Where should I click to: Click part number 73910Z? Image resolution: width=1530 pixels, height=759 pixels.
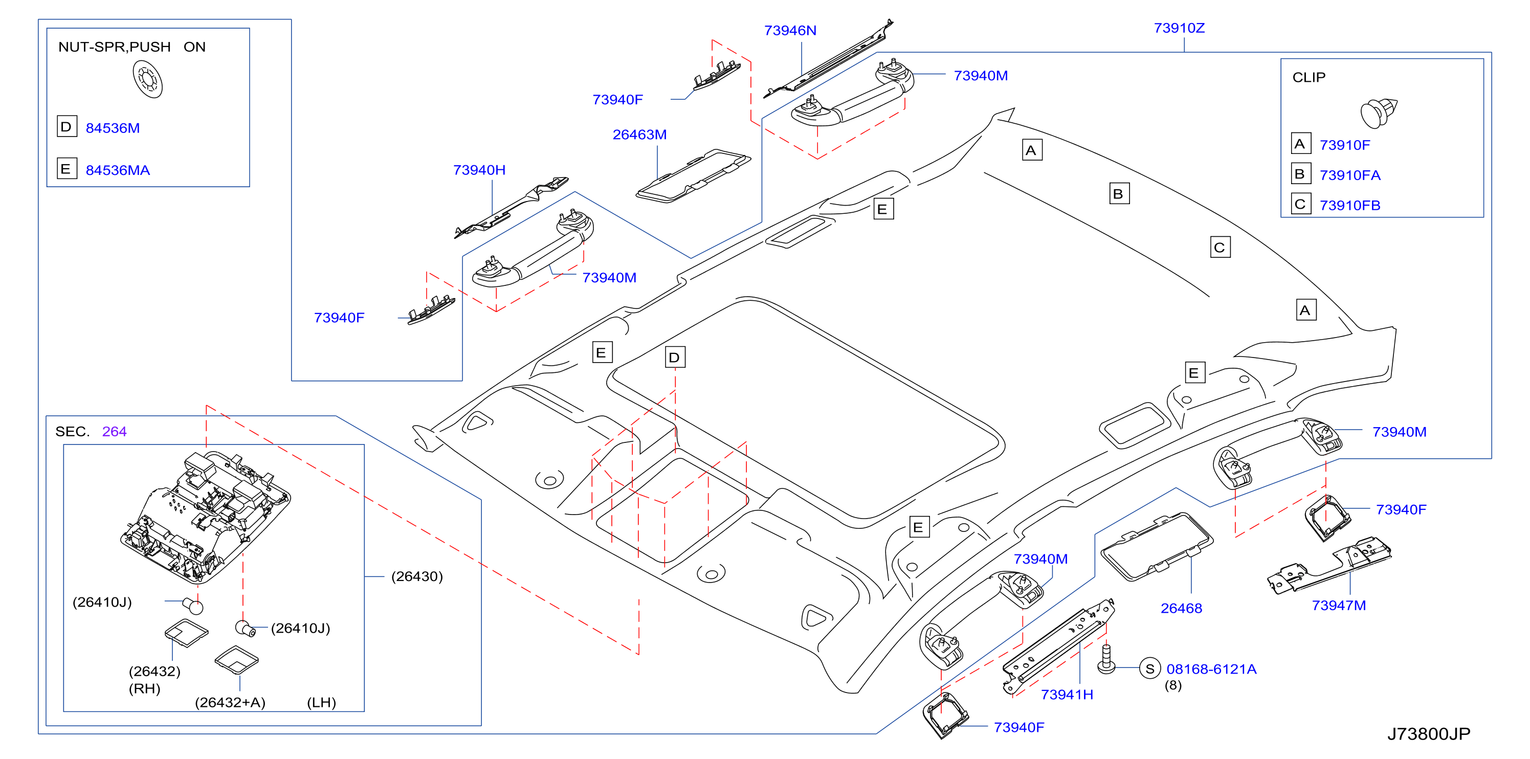coord(1179,28)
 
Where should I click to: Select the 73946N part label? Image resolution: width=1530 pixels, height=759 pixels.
coord(790,30)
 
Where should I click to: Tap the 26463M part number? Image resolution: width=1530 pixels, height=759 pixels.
coord(640,135)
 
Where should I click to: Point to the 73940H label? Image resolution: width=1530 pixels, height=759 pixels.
coord(479,170)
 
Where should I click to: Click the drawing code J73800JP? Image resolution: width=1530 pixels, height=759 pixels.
coord(1428,734)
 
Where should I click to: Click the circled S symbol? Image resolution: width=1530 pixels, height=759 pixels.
coord(1150,668)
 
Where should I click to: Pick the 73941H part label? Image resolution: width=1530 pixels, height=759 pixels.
coord(1067,695)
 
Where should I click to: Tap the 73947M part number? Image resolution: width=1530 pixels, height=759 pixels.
coord(1339,605)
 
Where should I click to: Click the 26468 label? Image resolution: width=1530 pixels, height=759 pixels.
coord(1181,608)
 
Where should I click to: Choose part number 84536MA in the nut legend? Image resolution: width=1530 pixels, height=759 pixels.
coord(118,170)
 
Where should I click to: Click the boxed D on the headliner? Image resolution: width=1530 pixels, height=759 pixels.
coord(675,357)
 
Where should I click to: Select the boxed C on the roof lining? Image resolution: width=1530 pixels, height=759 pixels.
coord(1220,247)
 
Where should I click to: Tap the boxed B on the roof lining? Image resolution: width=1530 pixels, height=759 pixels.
coord(1119,194)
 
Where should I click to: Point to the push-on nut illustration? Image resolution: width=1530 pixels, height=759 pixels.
coord(147,80)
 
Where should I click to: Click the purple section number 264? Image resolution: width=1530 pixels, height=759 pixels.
coord(114,432)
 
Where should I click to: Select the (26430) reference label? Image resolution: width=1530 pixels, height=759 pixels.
coord(417,577)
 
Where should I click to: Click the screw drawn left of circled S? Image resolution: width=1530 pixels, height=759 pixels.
coord(1106,659)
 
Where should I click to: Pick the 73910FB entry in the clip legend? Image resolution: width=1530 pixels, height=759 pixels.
coord(1349,206)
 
